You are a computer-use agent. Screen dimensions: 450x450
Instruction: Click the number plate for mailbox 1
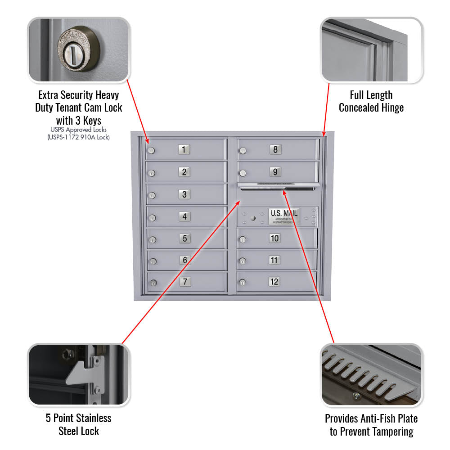184,149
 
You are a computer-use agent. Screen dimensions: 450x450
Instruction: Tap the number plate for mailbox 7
184,282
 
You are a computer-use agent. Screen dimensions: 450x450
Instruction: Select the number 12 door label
274,282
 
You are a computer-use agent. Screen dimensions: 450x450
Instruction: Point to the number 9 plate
275,171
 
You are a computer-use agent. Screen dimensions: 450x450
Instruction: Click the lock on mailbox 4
152,218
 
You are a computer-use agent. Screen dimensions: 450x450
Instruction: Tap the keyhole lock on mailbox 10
243,239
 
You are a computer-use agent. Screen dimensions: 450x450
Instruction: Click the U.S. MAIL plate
283,216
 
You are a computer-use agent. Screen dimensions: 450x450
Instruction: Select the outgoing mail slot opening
279,189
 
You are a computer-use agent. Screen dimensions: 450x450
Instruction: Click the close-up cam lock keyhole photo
79,50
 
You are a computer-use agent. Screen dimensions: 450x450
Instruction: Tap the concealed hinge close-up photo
371,50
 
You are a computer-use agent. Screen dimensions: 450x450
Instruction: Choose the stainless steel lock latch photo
79,375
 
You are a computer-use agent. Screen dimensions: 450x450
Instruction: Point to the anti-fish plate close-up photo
371,375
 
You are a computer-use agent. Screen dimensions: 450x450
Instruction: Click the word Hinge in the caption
390,108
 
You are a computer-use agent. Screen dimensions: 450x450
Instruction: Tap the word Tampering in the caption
391,432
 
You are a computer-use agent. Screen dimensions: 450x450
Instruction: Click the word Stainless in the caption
90,418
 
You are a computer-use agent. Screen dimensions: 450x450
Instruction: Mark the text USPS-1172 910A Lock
79,137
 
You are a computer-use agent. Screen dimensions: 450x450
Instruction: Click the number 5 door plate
184,238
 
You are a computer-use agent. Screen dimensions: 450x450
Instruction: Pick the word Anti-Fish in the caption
373,418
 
